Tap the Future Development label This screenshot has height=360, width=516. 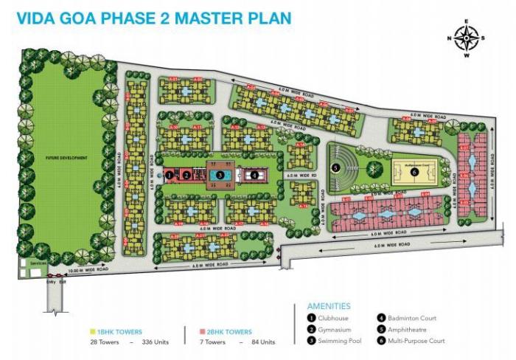62,158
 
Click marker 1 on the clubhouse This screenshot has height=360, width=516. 170,175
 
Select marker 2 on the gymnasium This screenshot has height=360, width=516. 187,175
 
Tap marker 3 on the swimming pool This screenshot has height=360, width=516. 220,175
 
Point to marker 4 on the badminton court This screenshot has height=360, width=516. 254,175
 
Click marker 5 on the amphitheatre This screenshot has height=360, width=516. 335,167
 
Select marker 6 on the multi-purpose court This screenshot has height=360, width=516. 414,172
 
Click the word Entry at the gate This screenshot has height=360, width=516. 50,282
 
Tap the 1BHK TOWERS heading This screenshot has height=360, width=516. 117,332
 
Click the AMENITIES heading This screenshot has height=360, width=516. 329,305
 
